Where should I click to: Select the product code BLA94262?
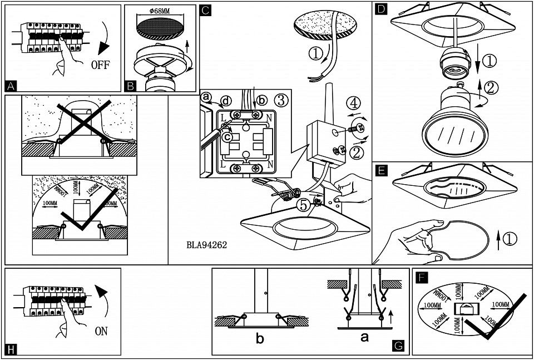207,244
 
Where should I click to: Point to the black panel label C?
205,9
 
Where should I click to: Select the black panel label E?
381,170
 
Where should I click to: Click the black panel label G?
398,346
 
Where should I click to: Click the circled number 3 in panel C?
281,101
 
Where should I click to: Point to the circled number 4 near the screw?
352,102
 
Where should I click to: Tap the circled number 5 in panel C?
303,205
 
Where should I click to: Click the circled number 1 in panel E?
511,239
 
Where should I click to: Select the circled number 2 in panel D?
491,87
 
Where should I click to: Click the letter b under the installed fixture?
260,338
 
